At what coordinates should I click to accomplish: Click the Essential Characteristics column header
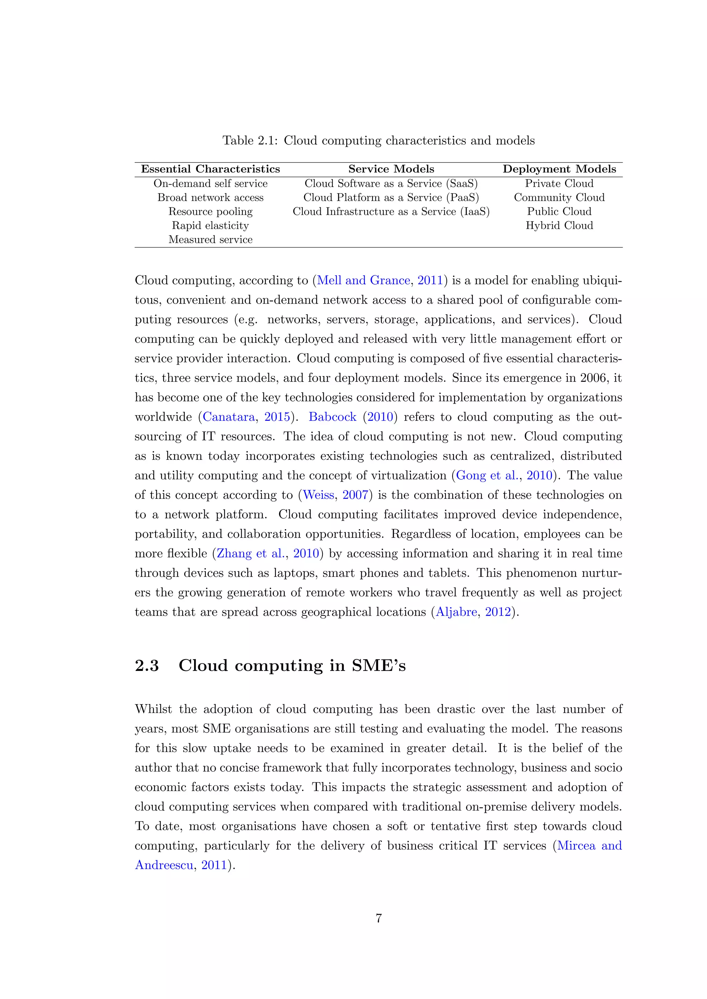(x=210, y=169)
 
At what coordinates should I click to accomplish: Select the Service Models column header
(x=391, y=169)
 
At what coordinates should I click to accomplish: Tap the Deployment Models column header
(x=559, y=169)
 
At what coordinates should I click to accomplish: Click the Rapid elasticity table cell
(x=210, y=225)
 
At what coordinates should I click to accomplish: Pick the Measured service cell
(x=210, y=240)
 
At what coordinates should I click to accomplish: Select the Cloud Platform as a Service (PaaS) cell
(x=391, y=198)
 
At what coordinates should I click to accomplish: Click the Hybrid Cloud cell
(x=559, y=225)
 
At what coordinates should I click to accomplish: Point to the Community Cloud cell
(x=559, y=198)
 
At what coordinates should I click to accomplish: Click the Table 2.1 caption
(x=378, y=140)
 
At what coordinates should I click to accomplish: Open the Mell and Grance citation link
(x=364, y=280)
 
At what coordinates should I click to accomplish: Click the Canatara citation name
(x=229, y=417)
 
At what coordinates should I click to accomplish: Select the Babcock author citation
(x=332, y=417)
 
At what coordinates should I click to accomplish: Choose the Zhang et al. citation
(x=250, y=553)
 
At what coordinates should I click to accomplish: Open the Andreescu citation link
(x=164, y=865)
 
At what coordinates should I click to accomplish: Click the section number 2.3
(x=147, y=666)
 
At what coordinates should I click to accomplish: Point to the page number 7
(x=378, y=918)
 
